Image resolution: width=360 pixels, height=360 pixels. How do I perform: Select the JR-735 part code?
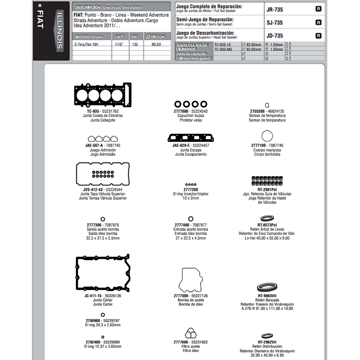point(275,9)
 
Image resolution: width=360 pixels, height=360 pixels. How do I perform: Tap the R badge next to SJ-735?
point(319,22)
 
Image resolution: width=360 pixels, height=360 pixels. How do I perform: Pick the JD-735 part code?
point(275,36)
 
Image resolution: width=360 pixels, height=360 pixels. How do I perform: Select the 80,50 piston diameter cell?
point(156,45)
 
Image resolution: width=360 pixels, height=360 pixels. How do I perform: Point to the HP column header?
point(135,37)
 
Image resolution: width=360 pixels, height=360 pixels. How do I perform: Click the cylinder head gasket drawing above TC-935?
point(103,95)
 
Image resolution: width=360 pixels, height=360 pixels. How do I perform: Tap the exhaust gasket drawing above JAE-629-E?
point(191,137)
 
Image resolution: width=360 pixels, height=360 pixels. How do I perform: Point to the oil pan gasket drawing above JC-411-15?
point(103,272)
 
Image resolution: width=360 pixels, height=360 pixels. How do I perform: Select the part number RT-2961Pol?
point(267,189)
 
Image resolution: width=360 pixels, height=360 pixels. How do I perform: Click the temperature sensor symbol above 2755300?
point(267,105)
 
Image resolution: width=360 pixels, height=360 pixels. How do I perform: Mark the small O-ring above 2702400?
point(103,337)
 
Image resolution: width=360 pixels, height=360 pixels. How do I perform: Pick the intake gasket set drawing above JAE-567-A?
point(103,138)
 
